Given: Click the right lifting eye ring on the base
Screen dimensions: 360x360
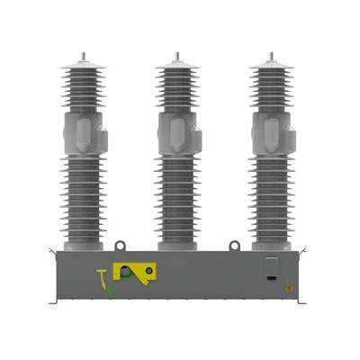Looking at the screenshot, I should point(234,242).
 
